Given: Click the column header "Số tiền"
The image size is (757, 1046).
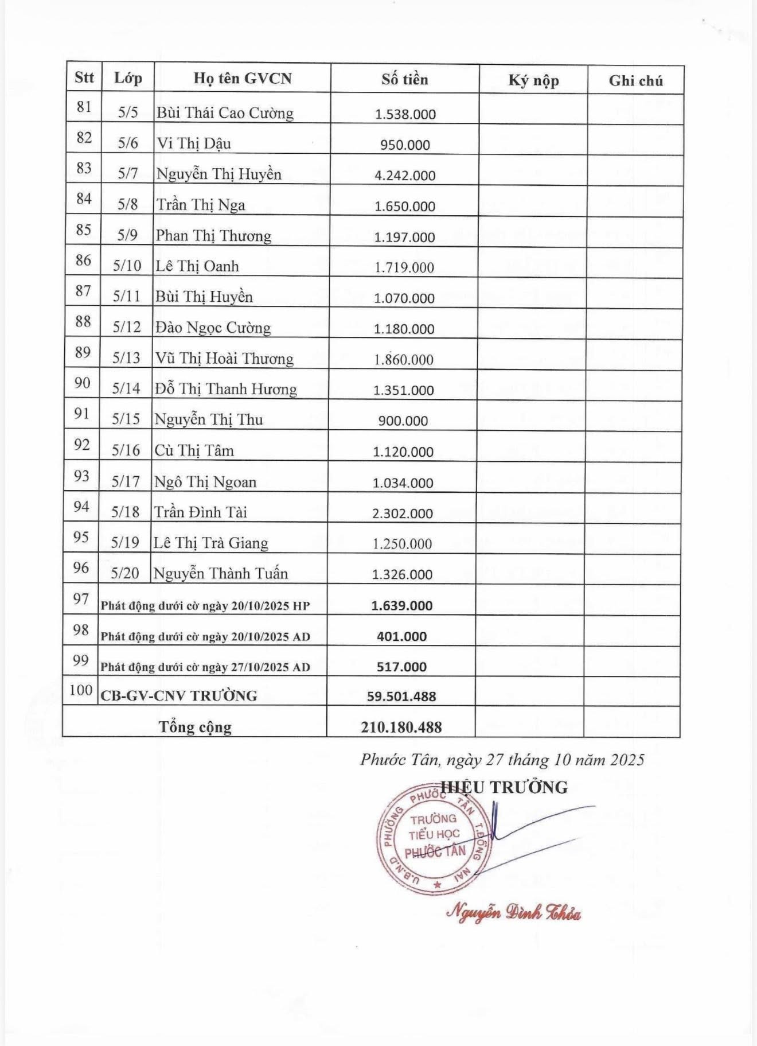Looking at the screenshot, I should tap(405, 79).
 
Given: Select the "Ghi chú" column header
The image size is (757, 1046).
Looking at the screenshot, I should tap(635, 81).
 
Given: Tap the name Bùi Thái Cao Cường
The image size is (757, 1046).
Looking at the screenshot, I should tap(225, 112).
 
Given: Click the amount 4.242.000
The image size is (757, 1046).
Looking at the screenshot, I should tap(405, 176).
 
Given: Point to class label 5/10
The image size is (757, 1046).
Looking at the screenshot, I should tap(127, 266).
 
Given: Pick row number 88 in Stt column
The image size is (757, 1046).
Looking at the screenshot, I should tap(83, 321).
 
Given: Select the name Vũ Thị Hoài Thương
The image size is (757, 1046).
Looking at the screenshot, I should tap(224, 359).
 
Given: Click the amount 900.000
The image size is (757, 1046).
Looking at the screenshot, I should tap(403, 421).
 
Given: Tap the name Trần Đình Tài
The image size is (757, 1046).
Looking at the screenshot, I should tap(200, 512).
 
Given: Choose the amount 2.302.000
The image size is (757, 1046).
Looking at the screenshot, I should tap(402, 514).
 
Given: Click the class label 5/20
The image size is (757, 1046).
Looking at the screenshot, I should tap(125, 573).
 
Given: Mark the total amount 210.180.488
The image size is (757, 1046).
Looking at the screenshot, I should tap(401, 728).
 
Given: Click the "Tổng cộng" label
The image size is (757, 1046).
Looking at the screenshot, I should tap(195, 727).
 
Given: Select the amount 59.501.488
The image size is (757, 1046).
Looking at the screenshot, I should tap(401, 697).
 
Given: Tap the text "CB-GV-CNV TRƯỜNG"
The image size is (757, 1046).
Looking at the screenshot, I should tap(179, 695).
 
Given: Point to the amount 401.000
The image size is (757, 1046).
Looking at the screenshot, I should tap(401, 636).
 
